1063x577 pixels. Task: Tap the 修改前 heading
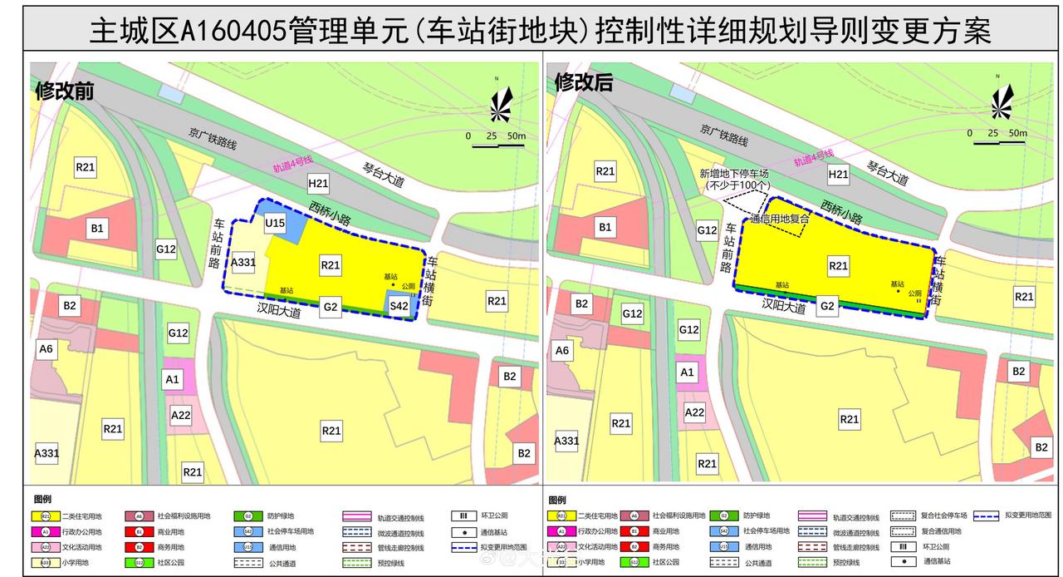coord(63,90)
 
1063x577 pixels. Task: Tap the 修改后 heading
coord(583,82)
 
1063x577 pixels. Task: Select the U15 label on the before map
coord(275,223)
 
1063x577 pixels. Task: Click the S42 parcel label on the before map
coord(399,307)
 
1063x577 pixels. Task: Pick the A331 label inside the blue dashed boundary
coord(243,263)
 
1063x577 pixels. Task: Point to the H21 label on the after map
coord(838,174)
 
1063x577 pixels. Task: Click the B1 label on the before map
coord(96,227)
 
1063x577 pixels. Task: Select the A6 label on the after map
coord(562,350)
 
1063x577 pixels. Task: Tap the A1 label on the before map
coord(173,379)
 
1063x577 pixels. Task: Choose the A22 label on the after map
coord(695,412)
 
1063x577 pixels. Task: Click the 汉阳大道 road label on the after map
coord(784,305)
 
